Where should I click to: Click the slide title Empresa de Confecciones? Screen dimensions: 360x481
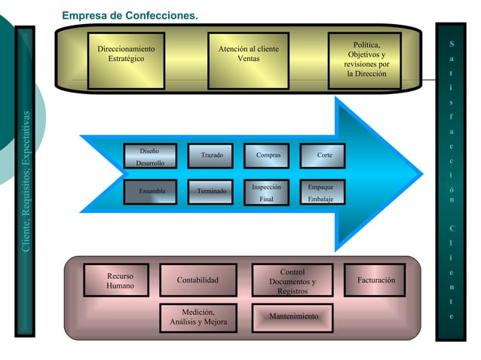click(x=130, y=15)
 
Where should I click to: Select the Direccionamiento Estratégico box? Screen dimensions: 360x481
click(x=126, y=59)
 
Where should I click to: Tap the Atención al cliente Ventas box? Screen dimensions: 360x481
click(x=248, y=59)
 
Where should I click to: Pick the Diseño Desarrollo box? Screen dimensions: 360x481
click(x=152, y=157)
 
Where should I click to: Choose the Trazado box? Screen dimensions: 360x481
click(x=211, y=156)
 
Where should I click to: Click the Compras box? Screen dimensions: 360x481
click(x=268, y=156)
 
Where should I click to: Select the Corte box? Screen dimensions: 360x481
click(x=324, y=156)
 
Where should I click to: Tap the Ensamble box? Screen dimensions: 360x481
click(x=152, y=191)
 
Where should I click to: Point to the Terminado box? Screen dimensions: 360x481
click(x=211, y=191)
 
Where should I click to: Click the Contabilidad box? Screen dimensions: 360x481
click(x=198, y=280)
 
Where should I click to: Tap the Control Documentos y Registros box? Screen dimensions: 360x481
click(x=292, y=281)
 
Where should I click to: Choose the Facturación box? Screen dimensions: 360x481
click(x=375, y=280)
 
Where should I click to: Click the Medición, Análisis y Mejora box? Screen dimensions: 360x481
click(x=198, y=317)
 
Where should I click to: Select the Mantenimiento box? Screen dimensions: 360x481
click(x=293, y=316)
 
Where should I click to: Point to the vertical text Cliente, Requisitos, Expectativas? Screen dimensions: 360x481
click(x=26, y=182)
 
